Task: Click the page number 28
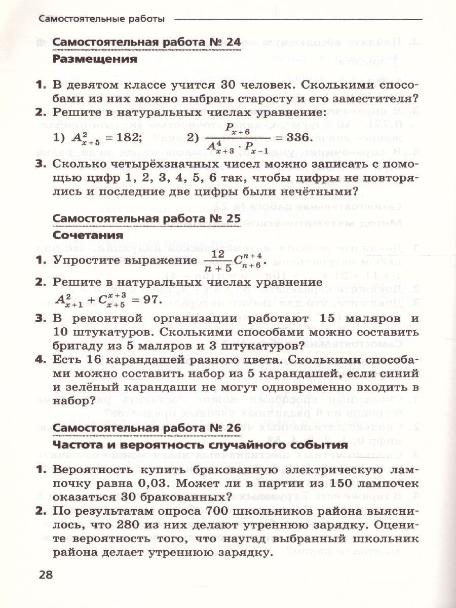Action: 45,575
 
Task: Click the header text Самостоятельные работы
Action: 101,19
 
